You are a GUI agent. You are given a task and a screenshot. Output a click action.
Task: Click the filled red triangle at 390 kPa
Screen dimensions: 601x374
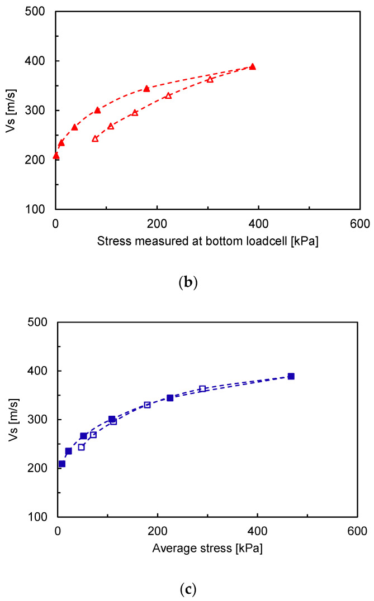pos(253,66)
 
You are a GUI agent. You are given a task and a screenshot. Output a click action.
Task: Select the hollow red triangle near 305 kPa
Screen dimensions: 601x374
pos(210,79)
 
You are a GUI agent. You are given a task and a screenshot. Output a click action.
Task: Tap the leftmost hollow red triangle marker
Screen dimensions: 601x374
pos(95,138)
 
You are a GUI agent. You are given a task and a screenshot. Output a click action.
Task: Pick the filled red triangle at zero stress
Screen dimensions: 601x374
pos(56,156)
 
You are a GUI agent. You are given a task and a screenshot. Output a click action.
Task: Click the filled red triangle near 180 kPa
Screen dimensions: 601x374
pos(146,88)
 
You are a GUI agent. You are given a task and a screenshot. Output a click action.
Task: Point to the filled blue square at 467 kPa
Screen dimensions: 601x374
pos(291,376)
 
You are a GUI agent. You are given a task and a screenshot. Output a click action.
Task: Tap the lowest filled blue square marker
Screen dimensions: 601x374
pos(61,464)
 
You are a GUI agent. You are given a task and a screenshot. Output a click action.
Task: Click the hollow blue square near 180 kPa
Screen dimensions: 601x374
pos(147,405)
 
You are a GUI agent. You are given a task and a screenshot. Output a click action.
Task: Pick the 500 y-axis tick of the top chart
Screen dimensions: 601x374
pos(39,11)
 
